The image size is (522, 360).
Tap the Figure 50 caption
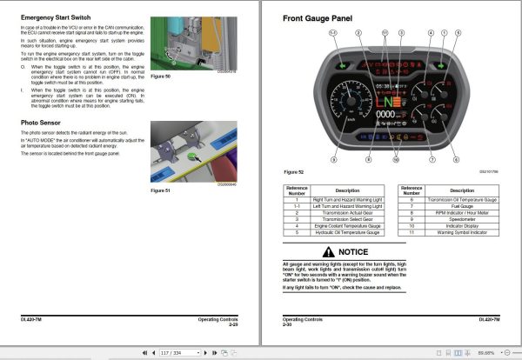pyautogui.click(x=160, y=77)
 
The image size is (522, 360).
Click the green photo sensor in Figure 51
pyautogui.click(x=192, y=157)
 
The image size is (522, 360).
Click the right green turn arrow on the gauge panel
pyautogui.click(x=441, y=64)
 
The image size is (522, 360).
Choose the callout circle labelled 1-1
pyautogui.click(x=332, y=33)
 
